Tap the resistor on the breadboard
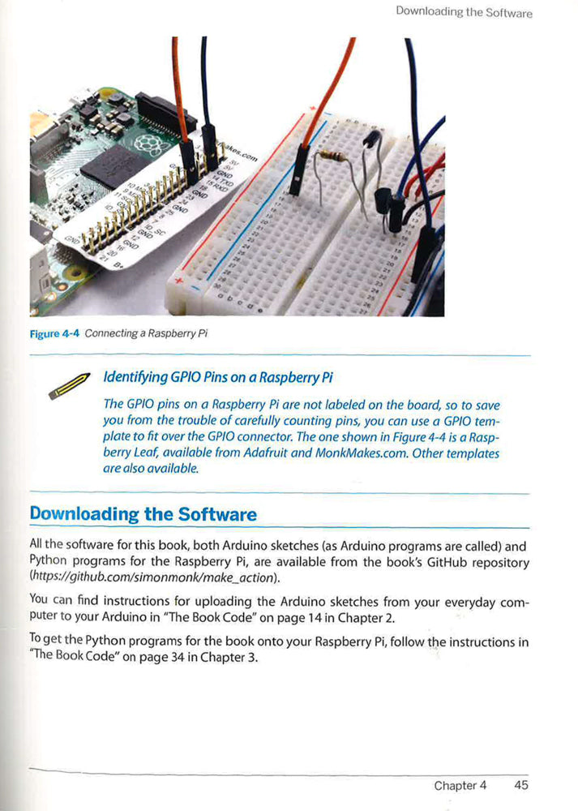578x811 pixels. pyautogui.click(x=328, y=156)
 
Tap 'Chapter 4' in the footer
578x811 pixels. pyautogui.click(x=460, y=785)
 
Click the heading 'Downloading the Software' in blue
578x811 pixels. pyautogui.click(x=143, y=514)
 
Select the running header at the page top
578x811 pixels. pyautogui.click(x=464, y=12)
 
